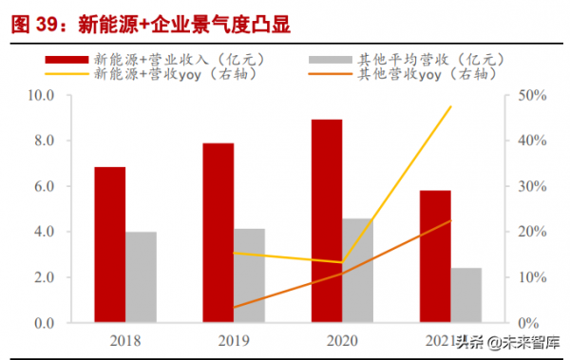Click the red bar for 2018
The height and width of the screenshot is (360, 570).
(x=109, y=245)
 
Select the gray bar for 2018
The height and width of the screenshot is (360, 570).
(x=142, y=277)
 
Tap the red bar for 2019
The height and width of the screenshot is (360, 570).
(x=218, y=233)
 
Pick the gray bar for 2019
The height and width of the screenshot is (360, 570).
(x=250, y=275)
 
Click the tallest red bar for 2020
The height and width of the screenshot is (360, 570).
(x=328, y=221)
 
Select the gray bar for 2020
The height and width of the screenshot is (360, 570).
(x=359, y=271)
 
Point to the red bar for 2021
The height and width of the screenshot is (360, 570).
(x=436, y=256)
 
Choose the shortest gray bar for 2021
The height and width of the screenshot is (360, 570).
(x=466, y=295)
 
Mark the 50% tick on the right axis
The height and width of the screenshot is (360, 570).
(x=530, y=95)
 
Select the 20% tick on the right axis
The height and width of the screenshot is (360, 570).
(x=530, y=232)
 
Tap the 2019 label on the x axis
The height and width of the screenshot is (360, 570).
(x=235, y=339)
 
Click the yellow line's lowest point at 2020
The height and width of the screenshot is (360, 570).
(x=343, y=262)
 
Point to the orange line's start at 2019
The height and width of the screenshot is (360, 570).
(x=234, y=307)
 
